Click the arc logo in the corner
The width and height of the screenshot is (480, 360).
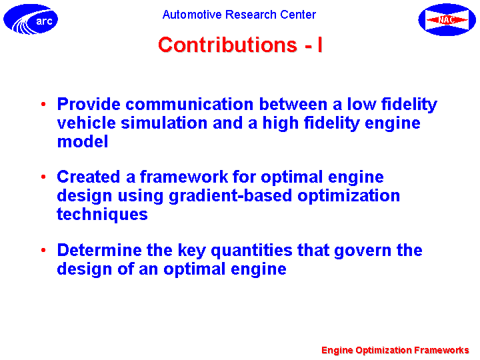[31, 19]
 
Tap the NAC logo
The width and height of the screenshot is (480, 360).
[447, 19]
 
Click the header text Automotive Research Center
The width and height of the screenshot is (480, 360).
[239, 15]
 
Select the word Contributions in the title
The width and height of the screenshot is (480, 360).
[227, 45]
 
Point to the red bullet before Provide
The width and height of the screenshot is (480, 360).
[43, 105]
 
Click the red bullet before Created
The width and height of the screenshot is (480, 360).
[43, 177]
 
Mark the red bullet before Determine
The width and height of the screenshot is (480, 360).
[43, 250]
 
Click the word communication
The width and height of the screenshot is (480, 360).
[189, 104]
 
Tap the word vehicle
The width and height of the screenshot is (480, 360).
[86, 123]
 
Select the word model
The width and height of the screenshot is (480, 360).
[83, 142]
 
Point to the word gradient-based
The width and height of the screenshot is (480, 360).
[230, 196]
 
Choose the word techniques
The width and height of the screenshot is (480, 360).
[103, 214]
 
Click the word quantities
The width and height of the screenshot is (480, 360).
[251, 251]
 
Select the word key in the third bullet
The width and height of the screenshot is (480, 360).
[192, 251]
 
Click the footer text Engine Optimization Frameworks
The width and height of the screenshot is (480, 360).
[395, 350]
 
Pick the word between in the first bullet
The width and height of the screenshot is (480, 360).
[293, 104]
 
